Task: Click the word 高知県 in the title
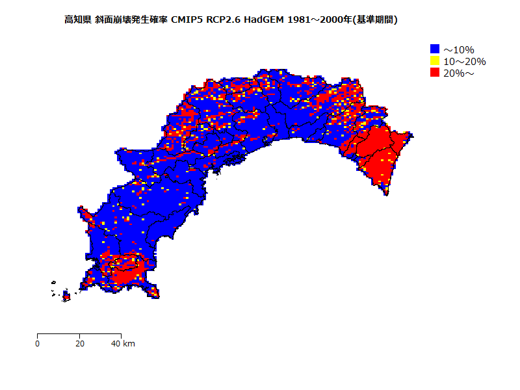coord(77,20)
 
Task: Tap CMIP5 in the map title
coord(187,20)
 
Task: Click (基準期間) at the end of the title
coord(374,20)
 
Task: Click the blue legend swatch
coord(435,49)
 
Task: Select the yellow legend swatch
coord(435,61)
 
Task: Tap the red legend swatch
coord(435,73)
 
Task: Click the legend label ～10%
coord(459,50)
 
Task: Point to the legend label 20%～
coord(459,73)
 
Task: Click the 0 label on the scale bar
coord(38,343)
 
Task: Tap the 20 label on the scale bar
coord(79,343)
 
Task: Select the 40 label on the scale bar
coord(116,343)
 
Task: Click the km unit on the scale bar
coord(129,343)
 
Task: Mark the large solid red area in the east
coord(377,153)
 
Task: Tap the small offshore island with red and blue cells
coord(66,296)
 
